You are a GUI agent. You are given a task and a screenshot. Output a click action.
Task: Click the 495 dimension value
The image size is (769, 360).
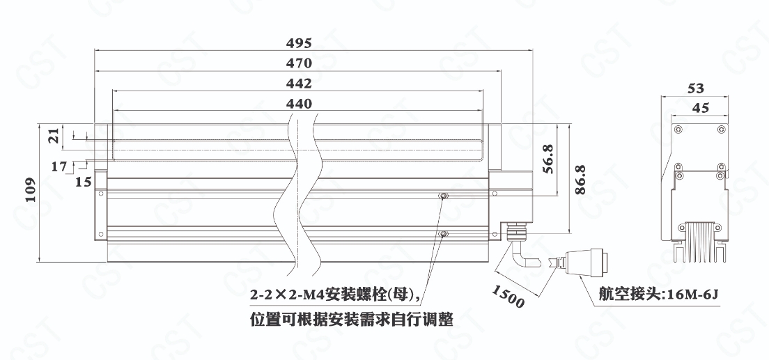[299, 42]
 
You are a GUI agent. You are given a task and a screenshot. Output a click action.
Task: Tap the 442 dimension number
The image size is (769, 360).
[299, 84]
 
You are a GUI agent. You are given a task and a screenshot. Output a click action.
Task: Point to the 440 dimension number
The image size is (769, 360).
[299, 104]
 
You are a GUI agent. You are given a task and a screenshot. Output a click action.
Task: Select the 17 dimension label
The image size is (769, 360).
[59, 166]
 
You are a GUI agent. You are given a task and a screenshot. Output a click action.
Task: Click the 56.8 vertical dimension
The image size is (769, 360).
[548, 160]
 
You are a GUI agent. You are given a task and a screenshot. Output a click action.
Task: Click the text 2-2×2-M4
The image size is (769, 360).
[286, 296]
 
